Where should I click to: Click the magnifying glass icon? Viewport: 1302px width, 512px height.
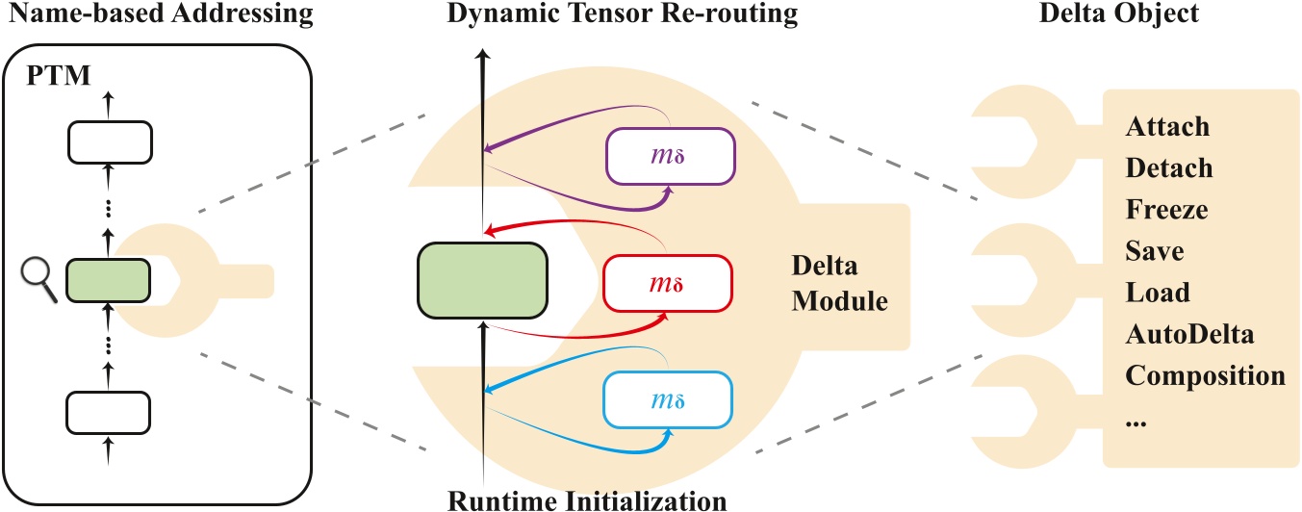(x=38, y=280)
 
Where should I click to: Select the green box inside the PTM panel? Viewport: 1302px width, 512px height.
(x=108, y=281)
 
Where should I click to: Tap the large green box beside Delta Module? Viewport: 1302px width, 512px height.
(x=482, y=279)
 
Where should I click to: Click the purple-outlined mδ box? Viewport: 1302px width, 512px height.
(x=669, y=155)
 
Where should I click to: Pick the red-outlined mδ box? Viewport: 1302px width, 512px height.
(x=667, y=283)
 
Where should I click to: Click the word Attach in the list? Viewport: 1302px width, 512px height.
(x=1167, y=127)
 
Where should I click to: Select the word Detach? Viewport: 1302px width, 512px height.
(x=1168, y=168)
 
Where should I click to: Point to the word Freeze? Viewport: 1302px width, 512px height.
(x=1166, y=210)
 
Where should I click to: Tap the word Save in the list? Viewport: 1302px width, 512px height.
(x=1154, y=251)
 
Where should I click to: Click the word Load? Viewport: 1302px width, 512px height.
(x=1157, y=293)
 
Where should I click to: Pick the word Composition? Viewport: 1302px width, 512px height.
(x=1205, y=375)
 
